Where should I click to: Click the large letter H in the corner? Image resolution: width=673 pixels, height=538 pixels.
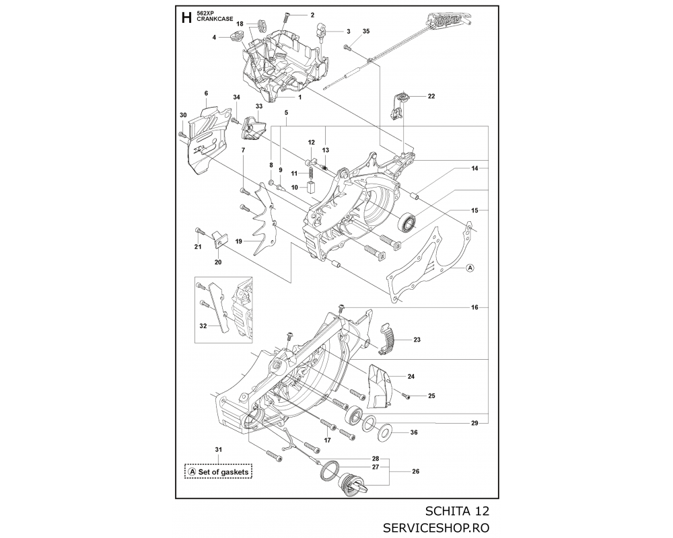(186, 18)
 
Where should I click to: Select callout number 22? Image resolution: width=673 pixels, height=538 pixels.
(431, 96)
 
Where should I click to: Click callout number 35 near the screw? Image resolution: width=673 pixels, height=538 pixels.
(366, 32)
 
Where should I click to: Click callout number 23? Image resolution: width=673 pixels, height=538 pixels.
(417, 340)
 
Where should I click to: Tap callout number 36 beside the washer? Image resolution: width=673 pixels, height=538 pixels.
(414, 432)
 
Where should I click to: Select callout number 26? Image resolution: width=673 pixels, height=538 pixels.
(415, 471)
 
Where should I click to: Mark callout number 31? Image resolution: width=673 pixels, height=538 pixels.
(217, 449)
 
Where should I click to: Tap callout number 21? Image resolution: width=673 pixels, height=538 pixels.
(198, 247)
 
